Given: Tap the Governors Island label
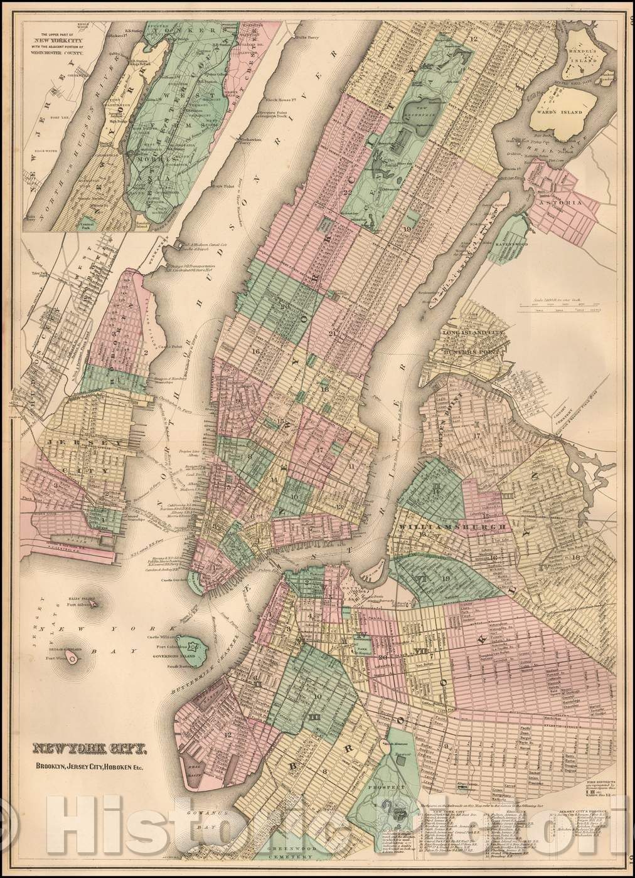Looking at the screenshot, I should pyautogui.click(x=179, y=654).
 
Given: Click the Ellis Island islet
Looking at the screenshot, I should pyautogui.click(x=93, y=606).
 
